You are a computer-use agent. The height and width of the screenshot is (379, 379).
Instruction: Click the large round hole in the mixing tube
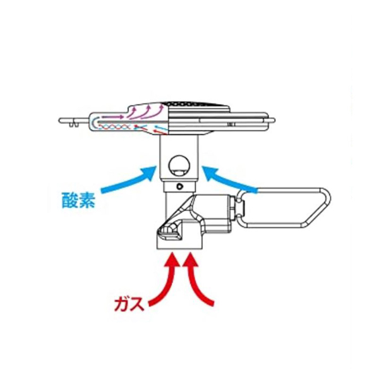[179, 165]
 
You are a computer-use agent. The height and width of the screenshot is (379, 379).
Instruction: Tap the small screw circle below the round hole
[179, 186]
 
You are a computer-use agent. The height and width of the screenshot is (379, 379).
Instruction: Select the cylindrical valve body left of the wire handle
[218, 212]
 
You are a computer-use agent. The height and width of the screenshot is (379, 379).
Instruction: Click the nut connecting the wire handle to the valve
[241, 206]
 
